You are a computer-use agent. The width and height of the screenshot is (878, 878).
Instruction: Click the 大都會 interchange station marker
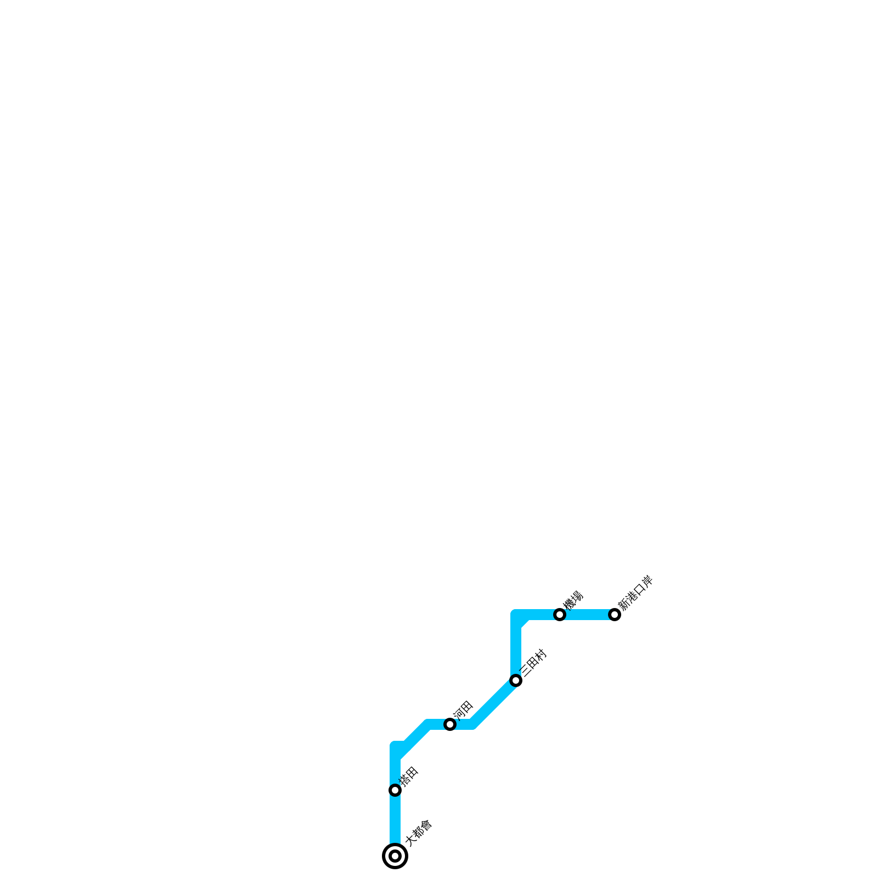coord(395,856)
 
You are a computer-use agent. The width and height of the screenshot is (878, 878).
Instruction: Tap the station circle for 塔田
coord(395,790)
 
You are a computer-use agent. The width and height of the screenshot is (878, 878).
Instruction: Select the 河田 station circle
coord(450,724)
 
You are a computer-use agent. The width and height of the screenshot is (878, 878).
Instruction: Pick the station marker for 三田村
coord(516,680)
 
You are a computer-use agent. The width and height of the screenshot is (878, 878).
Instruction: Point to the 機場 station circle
coord(560,615)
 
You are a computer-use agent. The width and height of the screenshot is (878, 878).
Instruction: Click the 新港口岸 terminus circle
coord(615,615)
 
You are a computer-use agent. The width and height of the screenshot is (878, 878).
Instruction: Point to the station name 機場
coord(573,600)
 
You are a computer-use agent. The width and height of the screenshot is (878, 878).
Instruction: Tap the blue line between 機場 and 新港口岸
coord(587,615)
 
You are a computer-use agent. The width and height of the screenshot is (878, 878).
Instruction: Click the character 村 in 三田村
coord(541,655)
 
